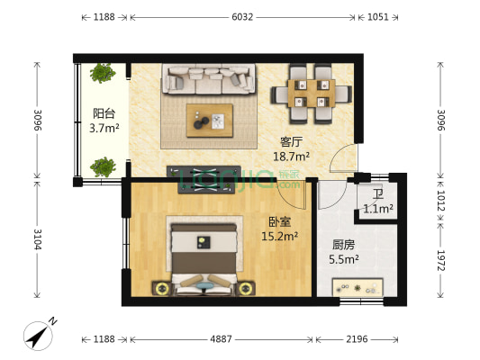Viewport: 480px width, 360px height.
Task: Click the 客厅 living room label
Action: tap(291, 141)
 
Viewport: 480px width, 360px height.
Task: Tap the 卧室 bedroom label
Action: tap(277, 222)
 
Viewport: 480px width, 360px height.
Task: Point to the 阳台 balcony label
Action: tap(104, 114)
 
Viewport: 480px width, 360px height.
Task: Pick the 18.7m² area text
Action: tap(291, 156)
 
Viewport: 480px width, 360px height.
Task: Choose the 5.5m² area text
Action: tap(344, 259)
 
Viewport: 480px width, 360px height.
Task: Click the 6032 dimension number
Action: tap(242, 16)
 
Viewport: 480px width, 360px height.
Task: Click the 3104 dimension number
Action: tap(38, 240)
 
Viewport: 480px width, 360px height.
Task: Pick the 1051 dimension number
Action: tap(377, 16)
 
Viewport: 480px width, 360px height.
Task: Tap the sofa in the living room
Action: tap(207, 80)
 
